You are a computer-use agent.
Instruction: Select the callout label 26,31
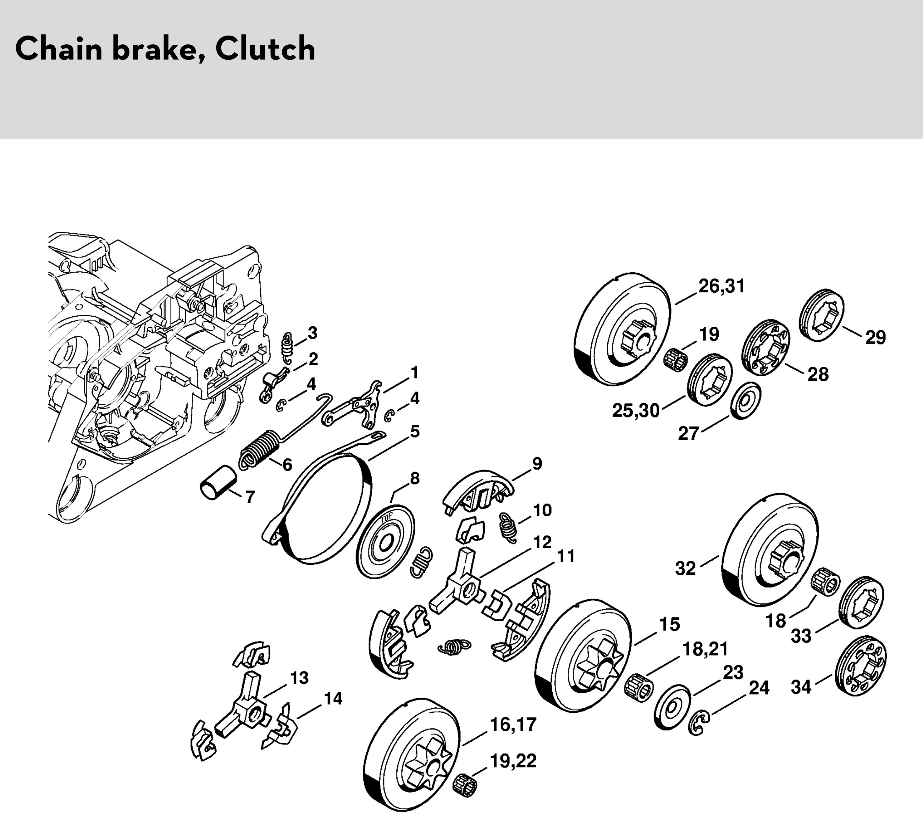tap(721, 286)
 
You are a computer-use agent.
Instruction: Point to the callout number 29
tap(875, 337)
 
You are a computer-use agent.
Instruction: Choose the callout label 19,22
tap(513, 761)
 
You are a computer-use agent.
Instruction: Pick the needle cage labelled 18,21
tap(638, 687)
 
